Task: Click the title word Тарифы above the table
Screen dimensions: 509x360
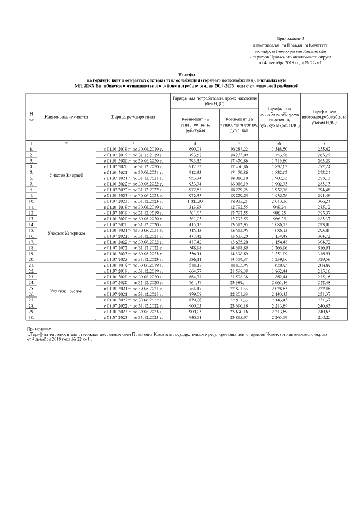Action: point(187,74)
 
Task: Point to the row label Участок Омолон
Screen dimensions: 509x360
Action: point(66,290)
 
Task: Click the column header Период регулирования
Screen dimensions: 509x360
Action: point(133,116)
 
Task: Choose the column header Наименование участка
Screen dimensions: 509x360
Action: point(66,116)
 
